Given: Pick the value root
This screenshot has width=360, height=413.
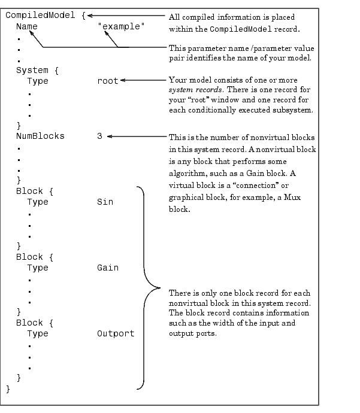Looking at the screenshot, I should pyautogui.click(x=108, y=81).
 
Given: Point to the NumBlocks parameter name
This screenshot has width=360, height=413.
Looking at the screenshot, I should pyautogui.click(x=40, y=136).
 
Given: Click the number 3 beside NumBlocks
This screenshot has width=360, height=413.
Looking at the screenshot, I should pyautogui.click(x=99, y=136).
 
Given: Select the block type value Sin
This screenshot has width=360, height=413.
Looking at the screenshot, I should pyautogui.click(x=105, y=202).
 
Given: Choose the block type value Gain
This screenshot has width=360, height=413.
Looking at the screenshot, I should pyautogui.click(x=108, y=268).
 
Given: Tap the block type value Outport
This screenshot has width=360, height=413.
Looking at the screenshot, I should pyautogui.click(x=116, y=333).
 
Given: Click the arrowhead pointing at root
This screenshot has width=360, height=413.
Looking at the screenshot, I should pyautogui.click(x=123, y=81).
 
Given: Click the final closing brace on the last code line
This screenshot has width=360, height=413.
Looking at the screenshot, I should pyautogui.click(x=8, y=388).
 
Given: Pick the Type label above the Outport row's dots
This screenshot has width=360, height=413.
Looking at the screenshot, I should pyautogui.click(x=38, y=333).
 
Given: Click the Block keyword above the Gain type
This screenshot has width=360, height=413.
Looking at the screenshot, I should pyautogui.click(x=29, y=257).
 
